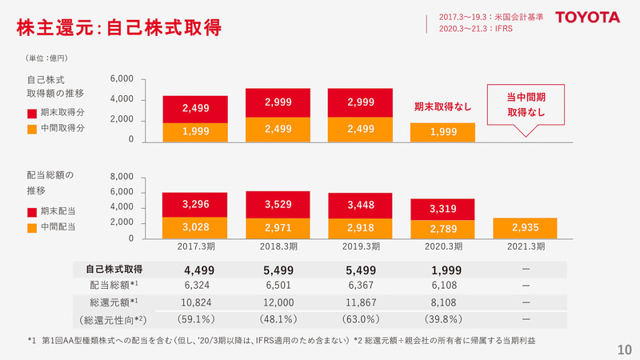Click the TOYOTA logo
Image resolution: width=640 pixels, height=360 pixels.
click(x=587, y=17)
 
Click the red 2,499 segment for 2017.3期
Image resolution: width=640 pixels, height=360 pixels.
click(x=195, y=108)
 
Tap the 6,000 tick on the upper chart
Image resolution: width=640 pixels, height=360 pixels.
click(x=122, y=79)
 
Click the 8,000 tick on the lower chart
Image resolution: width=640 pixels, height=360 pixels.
click(x=122, y=177)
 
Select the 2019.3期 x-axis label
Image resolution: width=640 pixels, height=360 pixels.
click(x=360, y=246)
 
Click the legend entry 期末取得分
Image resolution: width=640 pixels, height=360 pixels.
click(x=61, y=113)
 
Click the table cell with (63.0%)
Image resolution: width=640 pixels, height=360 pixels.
click(x=360, y=320)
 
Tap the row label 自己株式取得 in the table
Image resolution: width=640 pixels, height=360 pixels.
click(x=114, y=268)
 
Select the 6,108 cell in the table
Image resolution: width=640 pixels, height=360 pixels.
click(x=442, y=286)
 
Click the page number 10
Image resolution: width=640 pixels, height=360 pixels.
click(x=625, y=350)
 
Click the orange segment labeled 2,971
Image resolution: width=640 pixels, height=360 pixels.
click(x=278, y=228)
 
